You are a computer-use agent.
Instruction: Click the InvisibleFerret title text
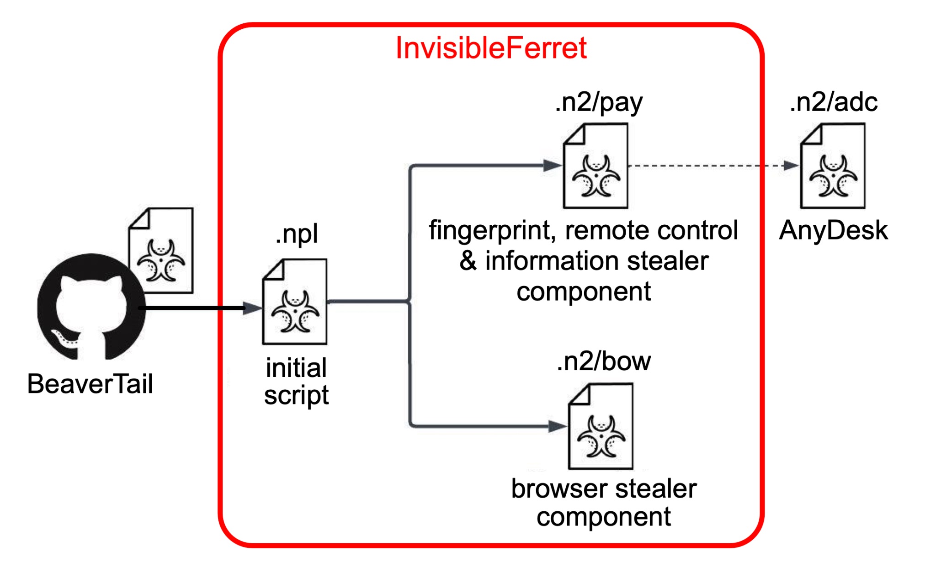pos(491,48)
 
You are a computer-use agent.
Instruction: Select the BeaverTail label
pos(90,384)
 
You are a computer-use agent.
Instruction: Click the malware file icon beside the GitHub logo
pos(161,250)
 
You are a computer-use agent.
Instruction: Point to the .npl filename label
pos(297,234)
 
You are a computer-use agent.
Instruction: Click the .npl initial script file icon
pos(295,302)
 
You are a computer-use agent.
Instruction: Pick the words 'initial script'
pos(296,381)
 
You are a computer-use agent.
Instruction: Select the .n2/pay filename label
pos(598,102)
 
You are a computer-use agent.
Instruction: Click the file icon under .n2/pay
pos(596,166)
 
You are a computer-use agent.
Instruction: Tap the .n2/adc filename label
pos(833,102)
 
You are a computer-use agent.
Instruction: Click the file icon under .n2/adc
pos(833,166)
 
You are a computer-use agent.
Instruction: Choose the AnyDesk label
pos(833,230)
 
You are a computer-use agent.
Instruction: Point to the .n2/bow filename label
pos(604,361)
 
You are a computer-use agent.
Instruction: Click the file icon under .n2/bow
pos(601,426)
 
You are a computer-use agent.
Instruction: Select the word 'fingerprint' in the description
pos(492,230)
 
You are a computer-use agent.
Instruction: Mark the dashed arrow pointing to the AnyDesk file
pos(708,166)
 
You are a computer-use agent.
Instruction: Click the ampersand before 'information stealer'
pos(468,261)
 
